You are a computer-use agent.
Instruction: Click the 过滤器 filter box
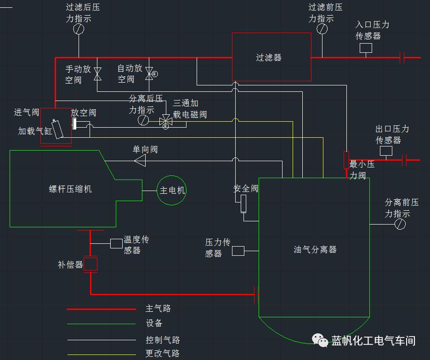[271, 57]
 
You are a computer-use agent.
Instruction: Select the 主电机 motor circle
[172, 190]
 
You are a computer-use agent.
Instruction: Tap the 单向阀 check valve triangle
[140, 160]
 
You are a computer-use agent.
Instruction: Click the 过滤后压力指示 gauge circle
[79, 28]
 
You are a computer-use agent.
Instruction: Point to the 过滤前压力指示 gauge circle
[322, 28]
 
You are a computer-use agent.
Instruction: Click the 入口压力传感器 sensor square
[366, 48]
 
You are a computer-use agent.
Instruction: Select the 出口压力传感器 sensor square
[386, 151]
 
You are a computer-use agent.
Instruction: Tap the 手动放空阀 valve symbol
[97, 73]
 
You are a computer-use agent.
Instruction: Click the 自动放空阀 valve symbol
[149, 73]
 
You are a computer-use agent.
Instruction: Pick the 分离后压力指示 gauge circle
[143, 120]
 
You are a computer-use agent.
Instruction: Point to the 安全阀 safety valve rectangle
[243, 203]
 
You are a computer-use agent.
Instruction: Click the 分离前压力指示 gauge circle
[400, 224]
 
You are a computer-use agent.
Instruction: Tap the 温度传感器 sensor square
[116, 243]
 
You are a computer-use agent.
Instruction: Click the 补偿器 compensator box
[91, 264]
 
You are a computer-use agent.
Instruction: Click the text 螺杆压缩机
[70, 189]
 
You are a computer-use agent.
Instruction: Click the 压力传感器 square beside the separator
[238, 251]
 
